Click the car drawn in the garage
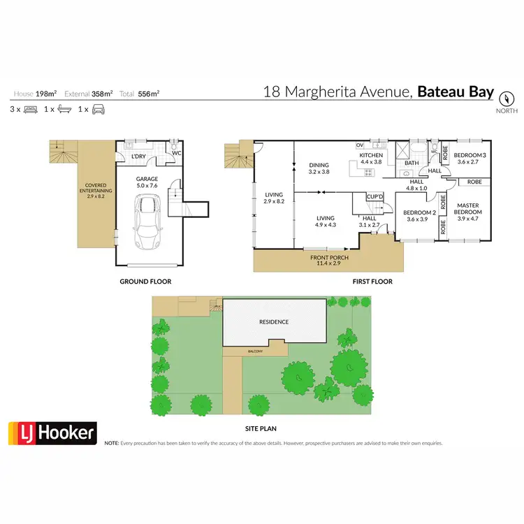[148, 223]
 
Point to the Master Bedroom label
[468, 210]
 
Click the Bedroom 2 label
[421, 215]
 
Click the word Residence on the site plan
[274, 322]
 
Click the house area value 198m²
[48, 94]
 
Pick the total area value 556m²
[149, 94]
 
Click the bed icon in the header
[31, 110]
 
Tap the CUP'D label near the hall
[375, 196]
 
